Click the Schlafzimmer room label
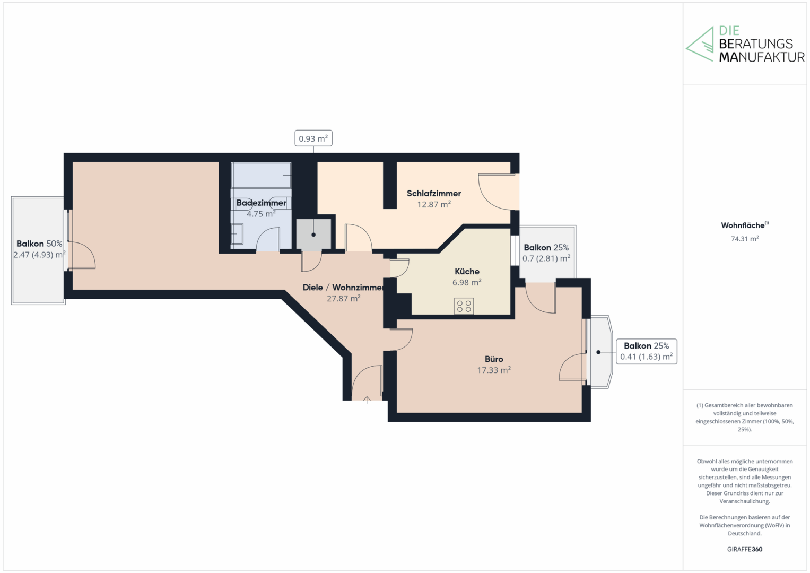pos(433,194)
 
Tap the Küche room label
pos(467,271)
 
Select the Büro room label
pos(494,359)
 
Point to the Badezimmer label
pos(261,203)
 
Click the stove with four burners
pos(464,306)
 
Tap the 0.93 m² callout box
pos(313,138)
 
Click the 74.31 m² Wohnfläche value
pos(745,239)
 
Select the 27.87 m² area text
pos(344,298)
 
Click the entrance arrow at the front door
pos(367,400)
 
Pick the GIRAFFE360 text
pos(745,549)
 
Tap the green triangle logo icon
pos(700,44)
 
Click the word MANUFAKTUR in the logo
pos(762,57)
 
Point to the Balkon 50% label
pos(39,244)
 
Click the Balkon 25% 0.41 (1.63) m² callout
pos(647,351)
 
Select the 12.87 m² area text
pos(434,204)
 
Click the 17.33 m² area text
pos(494,370)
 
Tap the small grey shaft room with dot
pos(313,234)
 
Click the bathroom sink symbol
pos(237,234)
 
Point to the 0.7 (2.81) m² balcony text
pos(546,258)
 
